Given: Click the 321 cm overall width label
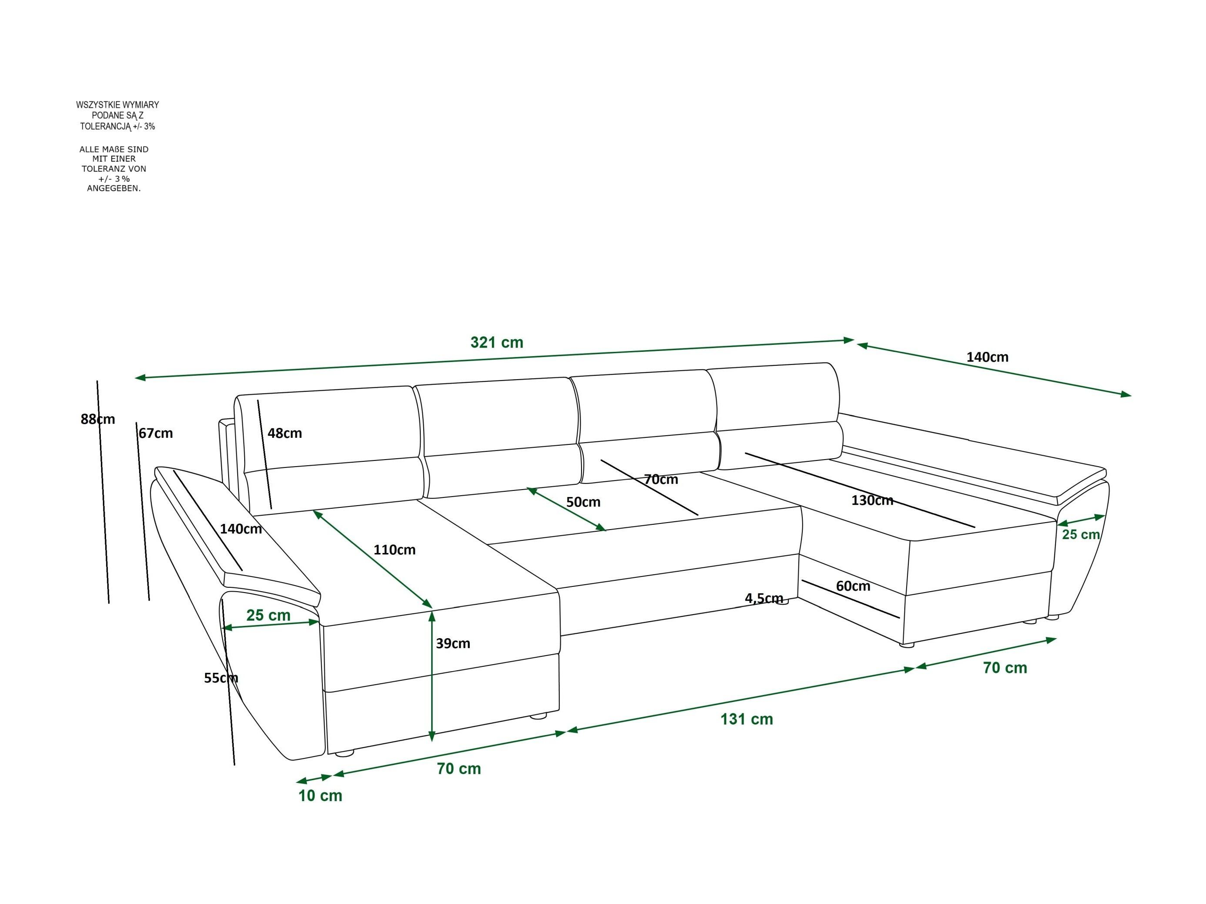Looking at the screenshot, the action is click(496, 343).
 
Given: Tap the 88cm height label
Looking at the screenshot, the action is click(98, 419).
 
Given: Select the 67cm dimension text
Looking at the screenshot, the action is click(156, 433).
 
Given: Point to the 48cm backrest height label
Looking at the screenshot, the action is click(284, 433).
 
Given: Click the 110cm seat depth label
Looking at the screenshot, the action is click(394, 550).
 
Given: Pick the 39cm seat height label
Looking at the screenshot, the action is click(452, 643).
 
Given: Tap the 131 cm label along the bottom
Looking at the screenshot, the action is click(746, 719).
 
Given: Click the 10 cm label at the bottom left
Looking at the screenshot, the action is click(320, 795).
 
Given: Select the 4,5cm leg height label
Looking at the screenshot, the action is click(763, 598).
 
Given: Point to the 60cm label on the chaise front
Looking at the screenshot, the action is click(853, 586).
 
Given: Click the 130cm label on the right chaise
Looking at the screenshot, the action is click(872, 500).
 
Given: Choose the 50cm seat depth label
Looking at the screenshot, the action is click(583, 502).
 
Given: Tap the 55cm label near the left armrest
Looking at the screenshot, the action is click(221, 678).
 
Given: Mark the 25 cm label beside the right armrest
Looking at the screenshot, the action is click(1080, 535).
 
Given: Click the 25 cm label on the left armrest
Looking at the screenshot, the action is click(268, 615).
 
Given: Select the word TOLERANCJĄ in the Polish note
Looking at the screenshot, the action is click(106, 126).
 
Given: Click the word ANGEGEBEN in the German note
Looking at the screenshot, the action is click(113, 189).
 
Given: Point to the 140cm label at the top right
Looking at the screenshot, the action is click(987, 358).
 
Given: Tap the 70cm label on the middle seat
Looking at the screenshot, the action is click(661, 480).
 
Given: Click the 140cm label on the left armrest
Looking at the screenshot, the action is click(240, 529).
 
